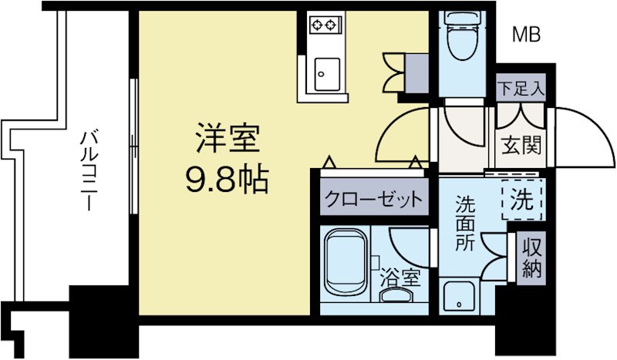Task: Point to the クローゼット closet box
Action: click(x=373, y=199)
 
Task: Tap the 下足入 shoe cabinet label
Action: click(x=521, y=87)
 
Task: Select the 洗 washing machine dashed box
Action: click(x=522, y=200)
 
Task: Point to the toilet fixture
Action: click(x=463, y=39)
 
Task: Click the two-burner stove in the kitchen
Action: click(x=325, y=25)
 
